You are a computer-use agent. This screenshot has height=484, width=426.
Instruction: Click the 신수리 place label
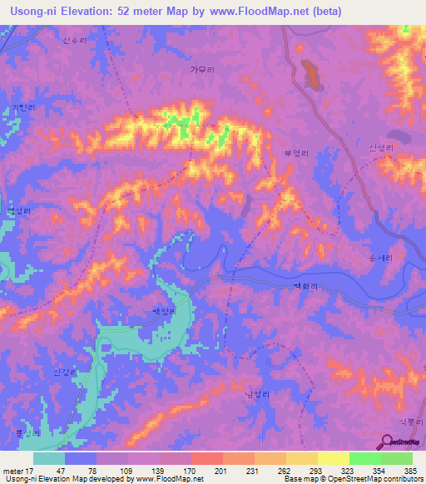pyautogui.click(x=75, y=39)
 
